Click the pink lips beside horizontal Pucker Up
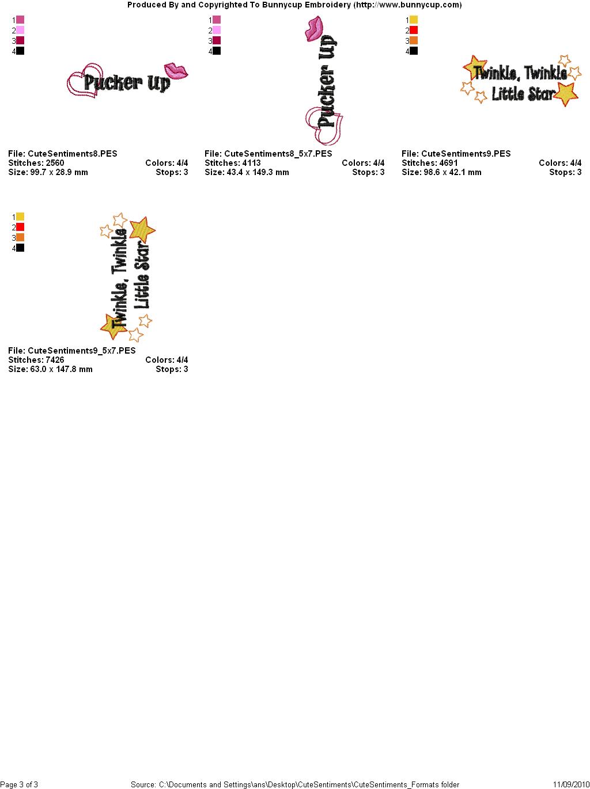[176, 71]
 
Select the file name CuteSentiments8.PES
[72, 154]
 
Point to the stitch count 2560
[55, 163]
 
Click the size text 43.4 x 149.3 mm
[258, 172]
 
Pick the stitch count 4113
[251, 163]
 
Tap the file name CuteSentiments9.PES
[466, 154]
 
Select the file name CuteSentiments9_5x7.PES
[82, 351]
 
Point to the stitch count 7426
[55, 360]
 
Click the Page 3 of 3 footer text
[19, 784]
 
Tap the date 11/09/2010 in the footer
[572, 784]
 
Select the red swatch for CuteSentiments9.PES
[414, 30]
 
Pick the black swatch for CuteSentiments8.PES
[20, 51]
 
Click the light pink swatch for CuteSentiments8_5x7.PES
[217, 30]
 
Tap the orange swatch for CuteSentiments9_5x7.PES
[20, 238]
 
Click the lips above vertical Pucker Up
[314, 28]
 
